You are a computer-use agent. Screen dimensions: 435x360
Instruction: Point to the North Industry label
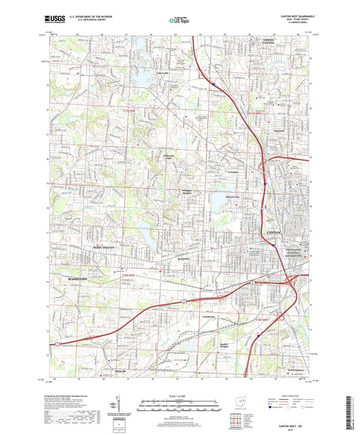coord(295,371)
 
